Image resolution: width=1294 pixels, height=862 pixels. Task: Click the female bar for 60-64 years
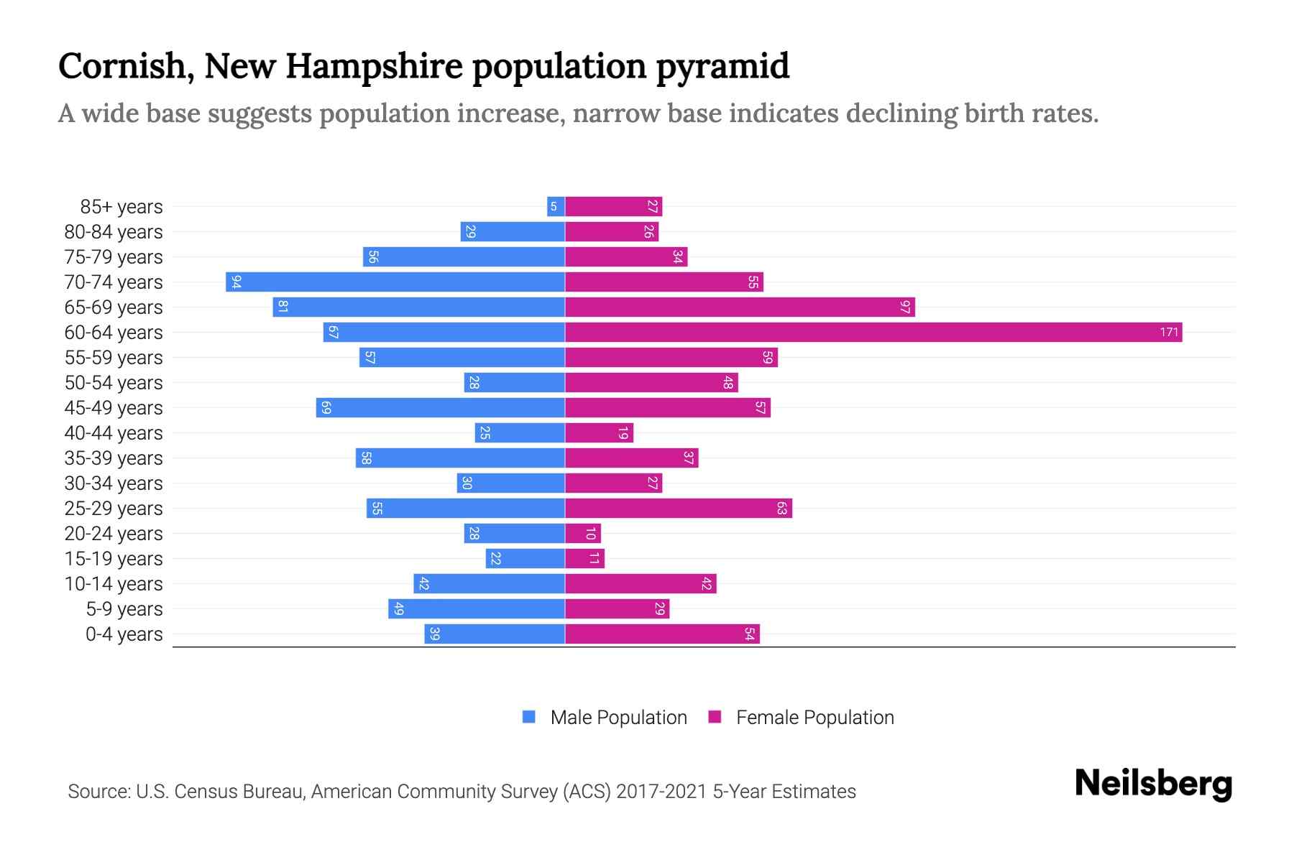[873, 333]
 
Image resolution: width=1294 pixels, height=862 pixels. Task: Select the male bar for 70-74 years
[395, 282]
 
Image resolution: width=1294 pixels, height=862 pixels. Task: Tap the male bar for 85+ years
[556, 207]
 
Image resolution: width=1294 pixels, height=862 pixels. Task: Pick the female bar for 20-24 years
[582, 534]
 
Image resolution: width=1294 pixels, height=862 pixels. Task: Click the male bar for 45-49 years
[440, 408]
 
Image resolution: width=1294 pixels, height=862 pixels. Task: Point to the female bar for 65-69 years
[740, 307]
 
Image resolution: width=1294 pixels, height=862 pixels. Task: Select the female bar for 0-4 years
[662, 634]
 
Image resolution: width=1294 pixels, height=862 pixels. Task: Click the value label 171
[1169, 333]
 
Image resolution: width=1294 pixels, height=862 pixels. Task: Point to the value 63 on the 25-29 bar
[781, 509]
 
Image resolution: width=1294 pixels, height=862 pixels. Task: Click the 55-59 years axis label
[114, 358]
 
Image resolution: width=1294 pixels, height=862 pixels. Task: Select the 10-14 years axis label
[114, 584]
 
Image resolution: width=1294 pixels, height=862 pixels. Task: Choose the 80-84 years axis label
[114, 232]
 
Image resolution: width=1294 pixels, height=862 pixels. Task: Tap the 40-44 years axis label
[114, 433]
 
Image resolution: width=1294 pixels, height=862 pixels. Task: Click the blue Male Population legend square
[529, 717]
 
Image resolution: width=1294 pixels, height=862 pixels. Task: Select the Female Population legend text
[815, 718]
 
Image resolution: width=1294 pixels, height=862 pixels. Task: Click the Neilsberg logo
[1153, 784]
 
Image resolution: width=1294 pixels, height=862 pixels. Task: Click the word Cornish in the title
[121, 67]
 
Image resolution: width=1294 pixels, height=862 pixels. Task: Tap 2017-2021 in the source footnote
[661, 792]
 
